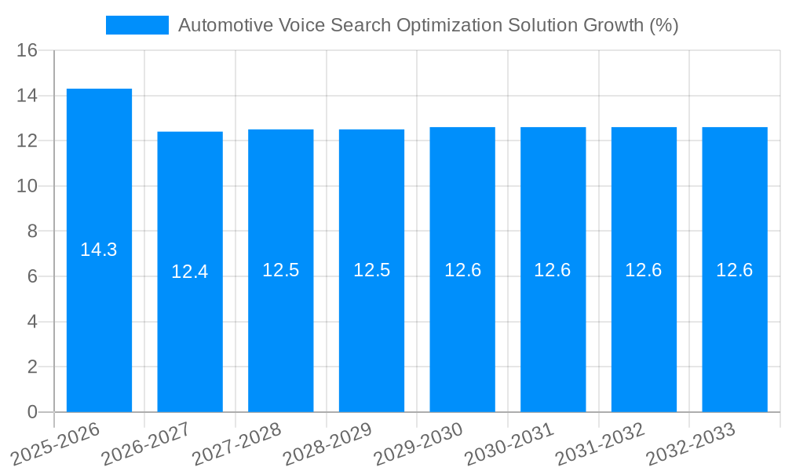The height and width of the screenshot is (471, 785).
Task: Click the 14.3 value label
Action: tap(99, 250)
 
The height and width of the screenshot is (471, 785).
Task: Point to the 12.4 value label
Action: tap(190, 272)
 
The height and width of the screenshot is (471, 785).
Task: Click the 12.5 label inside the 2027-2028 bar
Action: tap(281, 270)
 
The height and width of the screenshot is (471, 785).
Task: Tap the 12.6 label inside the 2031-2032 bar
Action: tap(644, 270)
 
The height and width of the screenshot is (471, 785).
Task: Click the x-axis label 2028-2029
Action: tap(327, 444)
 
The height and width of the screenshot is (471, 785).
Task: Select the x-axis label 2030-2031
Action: tap(509, 444)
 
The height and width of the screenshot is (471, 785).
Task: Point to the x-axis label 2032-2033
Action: tap(691, 444)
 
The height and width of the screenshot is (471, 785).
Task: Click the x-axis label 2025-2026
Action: tap(56, 444)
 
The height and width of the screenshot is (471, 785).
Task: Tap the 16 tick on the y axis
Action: tap(27, 51)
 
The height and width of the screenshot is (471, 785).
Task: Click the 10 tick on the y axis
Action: tap(27, 187)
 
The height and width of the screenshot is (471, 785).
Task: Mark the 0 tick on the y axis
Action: tap(32, 412)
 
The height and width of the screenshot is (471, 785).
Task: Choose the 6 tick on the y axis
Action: tap(32, 276)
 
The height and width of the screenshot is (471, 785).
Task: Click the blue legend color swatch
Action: tap(137, 25)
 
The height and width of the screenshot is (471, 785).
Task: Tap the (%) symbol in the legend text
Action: tap(663, 25)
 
